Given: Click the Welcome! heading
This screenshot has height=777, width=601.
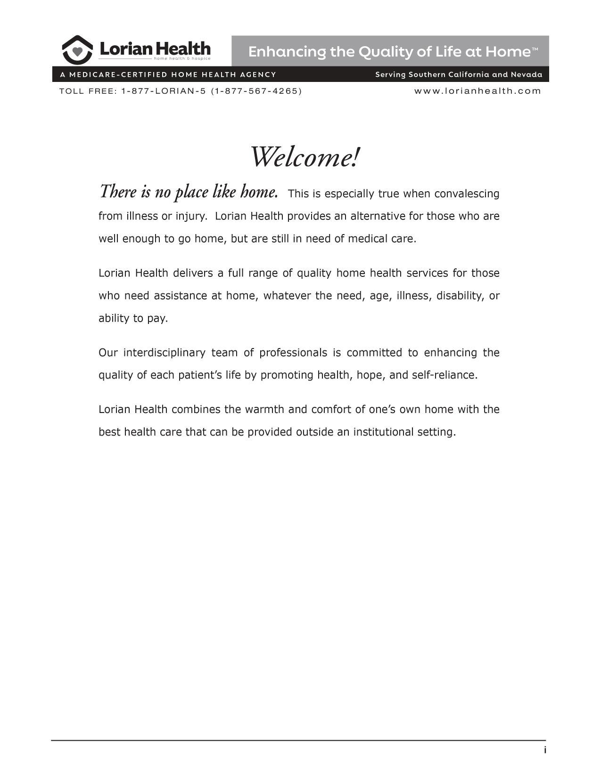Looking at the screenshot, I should click(x=305, y=157).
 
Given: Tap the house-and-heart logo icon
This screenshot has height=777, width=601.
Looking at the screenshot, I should click(x=77, y=50).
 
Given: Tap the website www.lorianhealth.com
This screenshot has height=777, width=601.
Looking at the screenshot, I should click(x=478, y=91).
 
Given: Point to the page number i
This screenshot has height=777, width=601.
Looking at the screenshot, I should click(x=545, y=750).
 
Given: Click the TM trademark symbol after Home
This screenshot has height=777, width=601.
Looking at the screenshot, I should click(x=535, y=49).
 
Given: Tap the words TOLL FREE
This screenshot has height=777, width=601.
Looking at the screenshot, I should click(x=87, y=91).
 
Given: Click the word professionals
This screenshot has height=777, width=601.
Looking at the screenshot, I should click(x=293, y=353).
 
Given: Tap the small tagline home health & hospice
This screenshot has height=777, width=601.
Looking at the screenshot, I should click(x=182, y=59).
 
